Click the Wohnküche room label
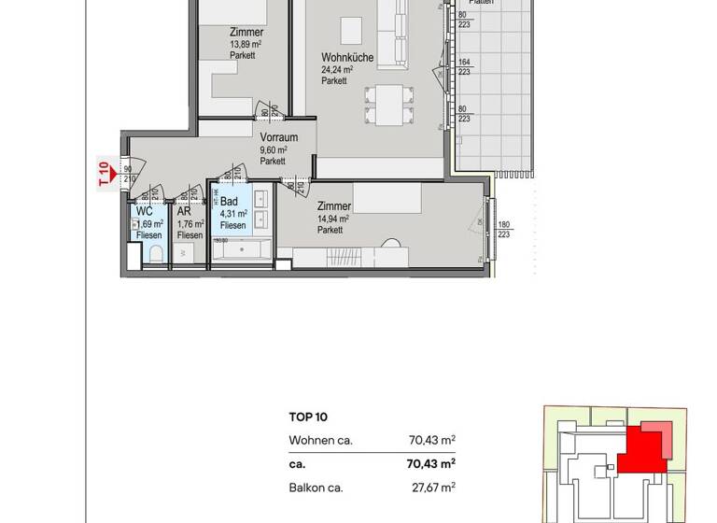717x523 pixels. tap(347, 58)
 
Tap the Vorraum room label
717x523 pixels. tap(279, 137)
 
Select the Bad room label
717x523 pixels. tap(229, 202)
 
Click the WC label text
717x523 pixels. tap(145, 211)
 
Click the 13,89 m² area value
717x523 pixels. tap(247, 44)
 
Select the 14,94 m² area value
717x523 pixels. tap(333, 219)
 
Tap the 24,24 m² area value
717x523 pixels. tap(336, 70)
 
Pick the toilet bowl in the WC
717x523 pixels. tap(156, 254)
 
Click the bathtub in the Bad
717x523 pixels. tap(241, 249)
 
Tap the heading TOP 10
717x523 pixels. tap(309, 418)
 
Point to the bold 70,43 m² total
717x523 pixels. tap(432, 462)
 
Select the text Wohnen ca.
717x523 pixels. tap(320, 440)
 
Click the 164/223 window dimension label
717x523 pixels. tap(464, 67)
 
